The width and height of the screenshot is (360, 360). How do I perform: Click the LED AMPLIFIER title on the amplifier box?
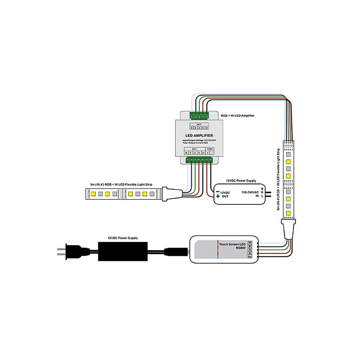click(199, 135)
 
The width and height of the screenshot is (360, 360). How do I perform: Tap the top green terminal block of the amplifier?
click(199, 115)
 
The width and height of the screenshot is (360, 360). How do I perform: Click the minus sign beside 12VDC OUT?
click(218, 191)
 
